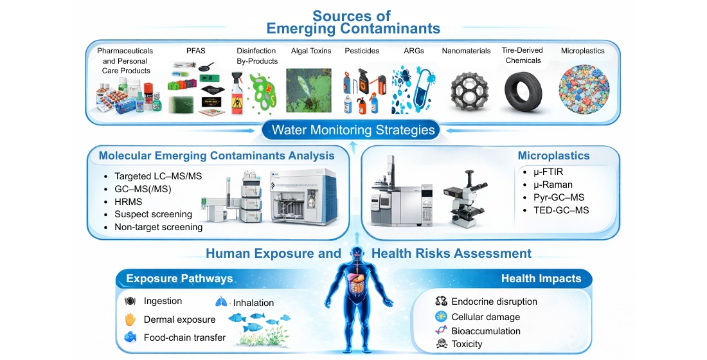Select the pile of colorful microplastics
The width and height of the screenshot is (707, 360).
(x=583, y=89)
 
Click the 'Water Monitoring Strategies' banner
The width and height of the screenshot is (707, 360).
(x=353, y=130)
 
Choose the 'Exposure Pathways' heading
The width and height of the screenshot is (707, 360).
(x=179, y=278)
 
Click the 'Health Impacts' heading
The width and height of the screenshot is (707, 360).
(x=541, y=278)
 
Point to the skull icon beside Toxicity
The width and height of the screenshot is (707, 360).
(x=441, y=344)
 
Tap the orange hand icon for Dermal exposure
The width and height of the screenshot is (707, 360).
(x=130, y=319)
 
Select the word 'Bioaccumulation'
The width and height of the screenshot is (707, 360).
(x=486, y=330)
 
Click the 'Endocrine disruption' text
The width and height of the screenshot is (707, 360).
(x=494, y=301)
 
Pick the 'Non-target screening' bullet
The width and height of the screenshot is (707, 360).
(x=158, y=227)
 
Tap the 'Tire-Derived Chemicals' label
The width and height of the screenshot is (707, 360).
(x=522, y=55)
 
